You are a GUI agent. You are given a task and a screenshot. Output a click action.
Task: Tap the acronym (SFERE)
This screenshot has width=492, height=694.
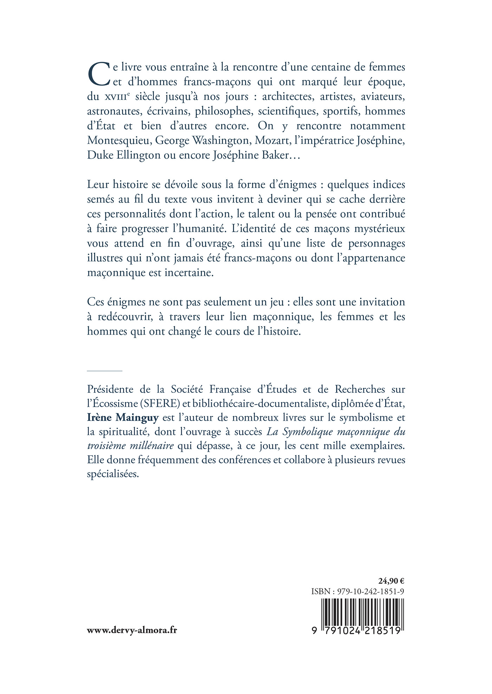(x=160, y=404)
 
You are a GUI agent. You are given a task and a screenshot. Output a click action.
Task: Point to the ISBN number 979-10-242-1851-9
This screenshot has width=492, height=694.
(x=370, y=591)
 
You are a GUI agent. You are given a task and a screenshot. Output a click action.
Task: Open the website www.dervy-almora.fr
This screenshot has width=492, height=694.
(x=132, y=630)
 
